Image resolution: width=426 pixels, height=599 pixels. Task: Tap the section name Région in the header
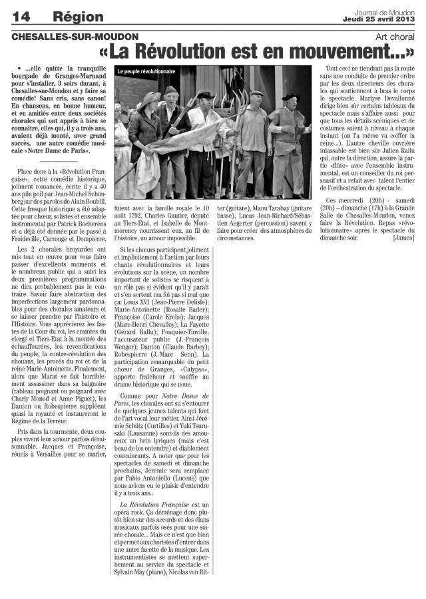coord(79,16)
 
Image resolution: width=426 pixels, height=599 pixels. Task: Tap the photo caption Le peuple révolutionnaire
coord(146,71)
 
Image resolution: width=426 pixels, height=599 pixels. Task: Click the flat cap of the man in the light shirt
coord(257,93)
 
